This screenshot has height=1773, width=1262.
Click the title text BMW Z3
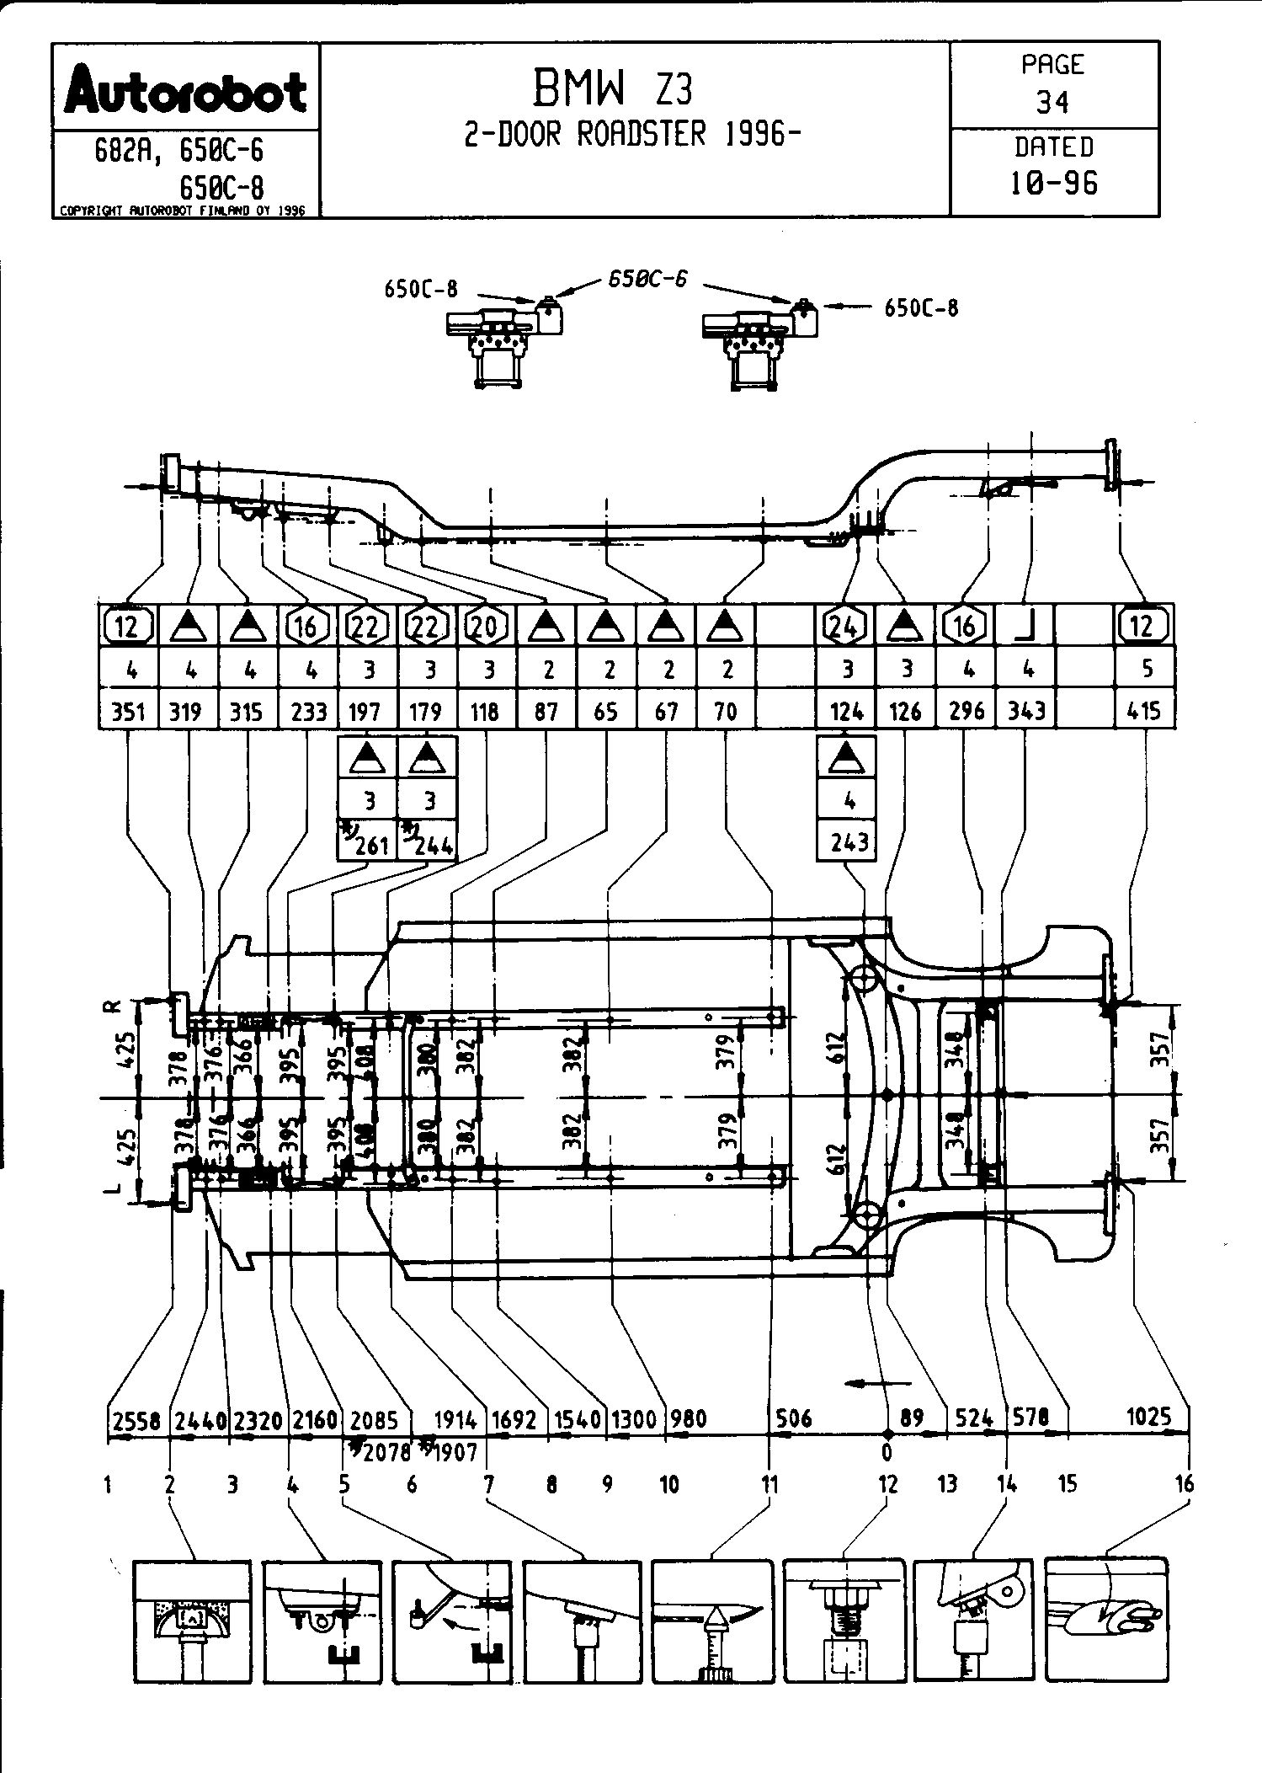click(613, 88)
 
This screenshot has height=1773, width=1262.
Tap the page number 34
click(1052, 103)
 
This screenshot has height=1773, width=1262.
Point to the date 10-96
click(1054, 183)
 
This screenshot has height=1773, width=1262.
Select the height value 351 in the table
click(129, 712)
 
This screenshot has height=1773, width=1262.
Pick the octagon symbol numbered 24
click(845, 626)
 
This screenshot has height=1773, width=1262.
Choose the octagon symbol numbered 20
click(487, 626)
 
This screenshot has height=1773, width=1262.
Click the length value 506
click(793, 1418)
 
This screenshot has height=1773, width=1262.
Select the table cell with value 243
click(848, 841)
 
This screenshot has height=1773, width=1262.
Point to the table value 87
click(546, 712)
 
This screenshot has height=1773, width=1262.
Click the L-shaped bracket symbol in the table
click(1025, 626)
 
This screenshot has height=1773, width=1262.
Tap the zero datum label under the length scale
click(886, 1452)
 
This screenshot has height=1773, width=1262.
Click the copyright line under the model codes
click(182, 211)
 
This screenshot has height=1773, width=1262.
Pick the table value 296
click(966, 712)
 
